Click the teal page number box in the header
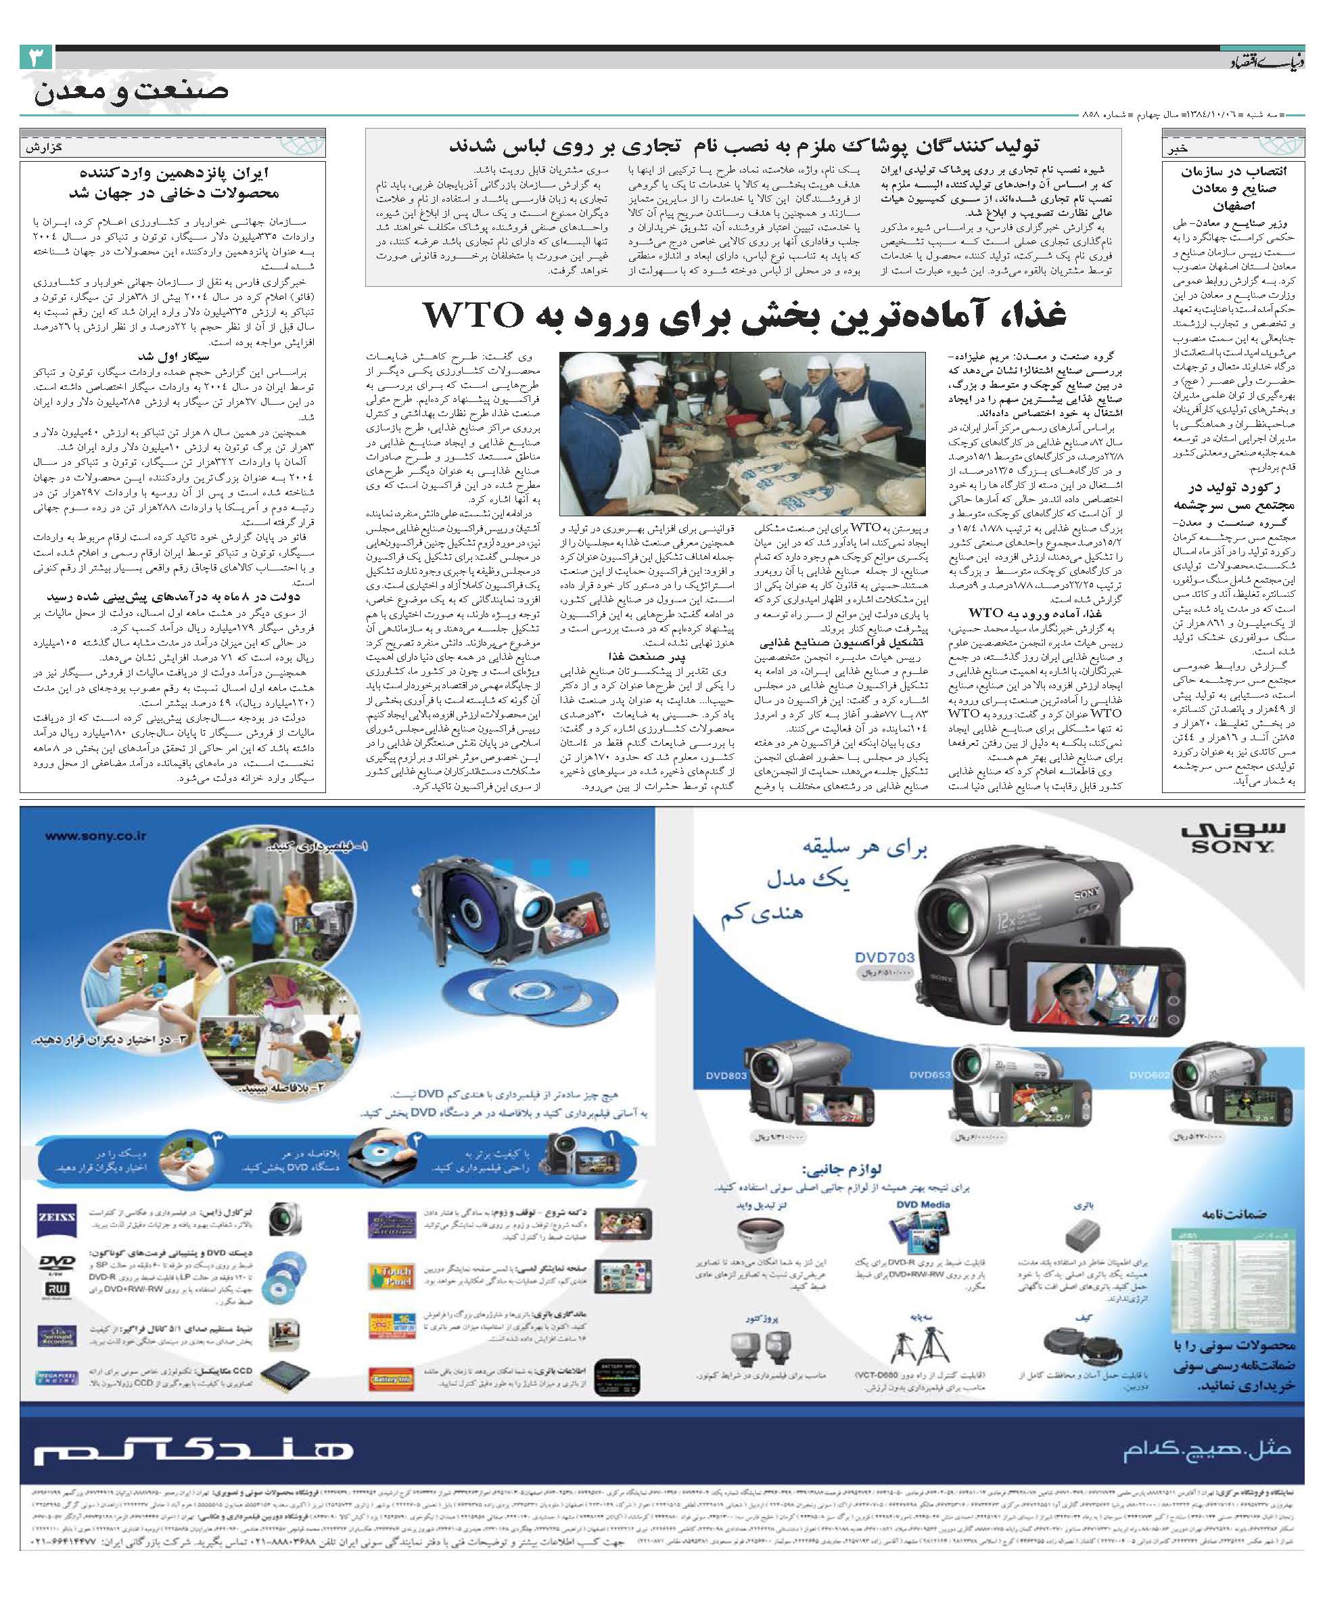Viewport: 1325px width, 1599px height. (x=37, y=58)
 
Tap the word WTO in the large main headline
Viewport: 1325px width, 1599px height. (x=473, y=314)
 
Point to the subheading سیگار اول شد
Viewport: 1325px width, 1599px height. (x=174, y=357)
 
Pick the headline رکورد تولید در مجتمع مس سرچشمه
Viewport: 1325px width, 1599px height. (x=1233, y=497)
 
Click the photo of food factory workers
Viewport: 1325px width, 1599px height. (x=742, y=432)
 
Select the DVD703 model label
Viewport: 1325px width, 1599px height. (x=885, y=957)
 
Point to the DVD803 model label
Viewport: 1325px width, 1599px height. (x=726, y=1075)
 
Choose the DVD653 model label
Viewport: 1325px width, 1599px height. (x=930, y=1075)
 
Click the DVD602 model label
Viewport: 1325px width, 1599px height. (x=1150, y=1075)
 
